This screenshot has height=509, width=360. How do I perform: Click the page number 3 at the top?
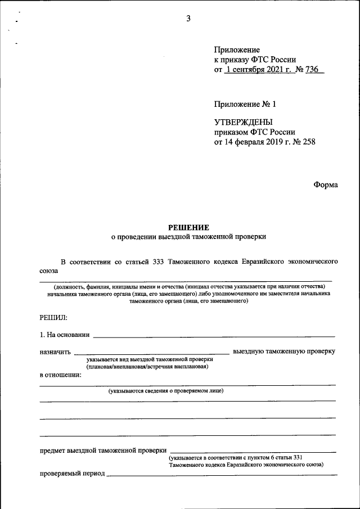[x=188, y=19]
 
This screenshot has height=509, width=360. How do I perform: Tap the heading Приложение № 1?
[x=245, y=104]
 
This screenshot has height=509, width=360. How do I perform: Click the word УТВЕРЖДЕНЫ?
[x=244, y=122]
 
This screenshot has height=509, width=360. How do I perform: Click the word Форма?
[x=326, y=185]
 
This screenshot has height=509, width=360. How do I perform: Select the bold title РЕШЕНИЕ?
[x=188, y=227]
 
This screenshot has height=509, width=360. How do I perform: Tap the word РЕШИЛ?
[x=53, y=318]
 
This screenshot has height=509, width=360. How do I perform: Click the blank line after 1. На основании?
[x=214, y=335]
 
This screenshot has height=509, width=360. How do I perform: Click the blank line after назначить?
[x=152, y=352]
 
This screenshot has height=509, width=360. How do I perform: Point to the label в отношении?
[x=61, y=375]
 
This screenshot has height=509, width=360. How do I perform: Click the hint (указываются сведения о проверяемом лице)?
[x=166, y=390]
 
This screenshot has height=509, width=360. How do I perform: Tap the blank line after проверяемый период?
[x=222, y=474]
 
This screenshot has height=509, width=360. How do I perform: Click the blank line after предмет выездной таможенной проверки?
[x=253, y=451]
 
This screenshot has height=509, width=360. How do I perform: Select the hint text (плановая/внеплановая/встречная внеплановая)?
[x=147, y=367]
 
